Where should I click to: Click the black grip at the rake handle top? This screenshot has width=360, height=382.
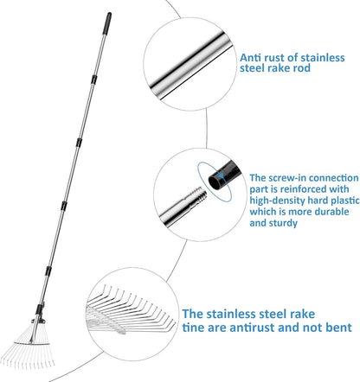pos(106,23)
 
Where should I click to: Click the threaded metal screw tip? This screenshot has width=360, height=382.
pos(198,195)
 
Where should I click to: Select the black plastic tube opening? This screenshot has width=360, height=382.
pos(215,182)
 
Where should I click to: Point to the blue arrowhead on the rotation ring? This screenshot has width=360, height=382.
pos(221,175)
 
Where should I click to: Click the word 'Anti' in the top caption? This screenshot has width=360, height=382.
pos(250,57)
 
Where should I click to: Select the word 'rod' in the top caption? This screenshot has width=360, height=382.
pos(302,68)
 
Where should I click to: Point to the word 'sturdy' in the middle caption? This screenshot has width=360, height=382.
pos(283,223)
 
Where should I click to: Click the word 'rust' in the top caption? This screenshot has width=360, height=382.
pos(273,57)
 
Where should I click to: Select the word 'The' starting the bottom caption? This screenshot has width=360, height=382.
pos(193,314)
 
